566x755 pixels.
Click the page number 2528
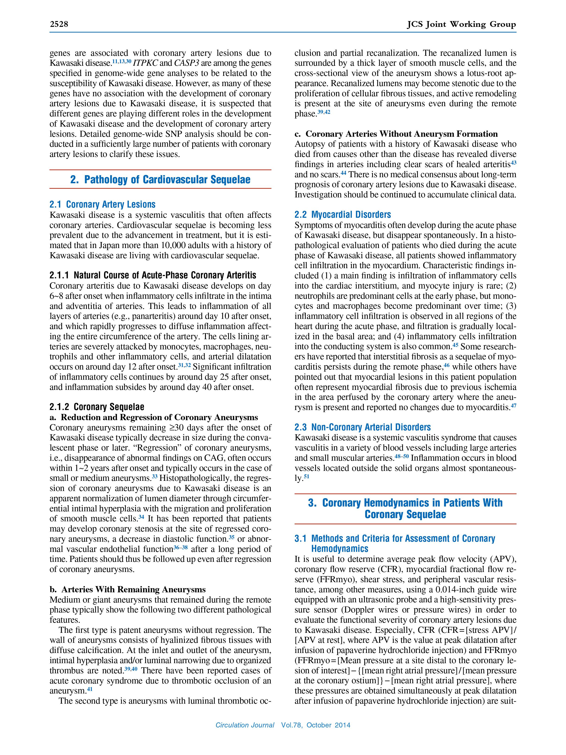pyautogui.click(x=59, y=24)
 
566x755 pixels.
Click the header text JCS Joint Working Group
pyautogui.click(x=461, y=24)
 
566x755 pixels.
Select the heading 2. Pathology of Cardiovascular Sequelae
pyautogui.click(x=160, y=180)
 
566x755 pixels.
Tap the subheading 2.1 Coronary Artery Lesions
pyautogui.click(x=102, y=205)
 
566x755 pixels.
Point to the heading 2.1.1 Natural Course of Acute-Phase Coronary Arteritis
pyautogui.click(x=153, y=275)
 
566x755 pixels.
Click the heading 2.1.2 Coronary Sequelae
pyautogui.click(x=97, y=407)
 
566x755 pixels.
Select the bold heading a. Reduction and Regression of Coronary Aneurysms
pyautogui.click(x=154, y=417)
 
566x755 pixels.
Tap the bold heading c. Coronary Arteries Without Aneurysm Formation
pyautogui.click(x=396, y=134)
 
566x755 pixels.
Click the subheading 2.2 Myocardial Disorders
pyautogui.click(x=343, y=215)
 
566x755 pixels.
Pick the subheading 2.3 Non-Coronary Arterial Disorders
pyautogui.click(x=362, y=427)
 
